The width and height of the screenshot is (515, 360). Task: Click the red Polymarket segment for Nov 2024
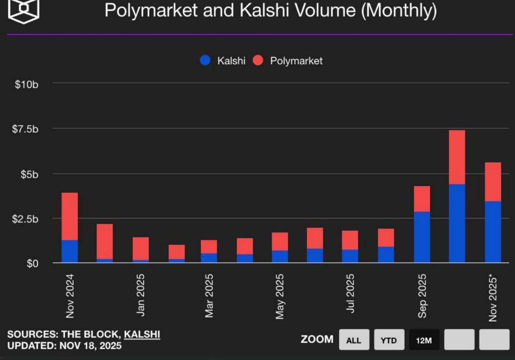click(x=70, y=216)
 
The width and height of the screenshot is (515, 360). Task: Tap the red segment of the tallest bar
click(x=457, y=157)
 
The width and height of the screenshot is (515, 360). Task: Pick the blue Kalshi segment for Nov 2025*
click(x=493, y=232)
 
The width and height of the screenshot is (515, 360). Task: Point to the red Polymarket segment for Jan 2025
click(x=140, y=248)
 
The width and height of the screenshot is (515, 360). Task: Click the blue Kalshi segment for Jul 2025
click(x=350, y=256)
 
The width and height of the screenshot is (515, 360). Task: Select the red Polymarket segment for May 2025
click(x=280, y=241)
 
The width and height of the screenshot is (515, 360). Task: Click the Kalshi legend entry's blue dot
click(x=205, y=61)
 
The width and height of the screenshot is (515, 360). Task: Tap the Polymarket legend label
click(x=296, y=61)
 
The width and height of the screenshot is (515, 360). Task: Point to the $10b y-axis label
click(x=27, y=85)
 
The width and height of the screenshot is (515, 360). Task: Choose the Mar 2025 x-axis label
click(x=209, y=296)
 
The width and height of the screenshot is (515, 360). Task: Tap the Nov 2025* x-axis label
click(x=493, y=298)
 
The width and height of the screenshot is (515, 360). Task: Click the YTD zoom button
click(x=389, y=340)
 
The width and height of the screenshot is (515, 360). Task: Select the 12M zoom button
click(x=424, y=340)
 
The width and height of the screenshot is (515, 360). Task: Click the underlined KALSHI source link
click(x=142, y=334)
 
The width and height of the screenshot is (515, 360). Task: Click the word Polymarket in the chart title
click(x=151, y=10)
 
